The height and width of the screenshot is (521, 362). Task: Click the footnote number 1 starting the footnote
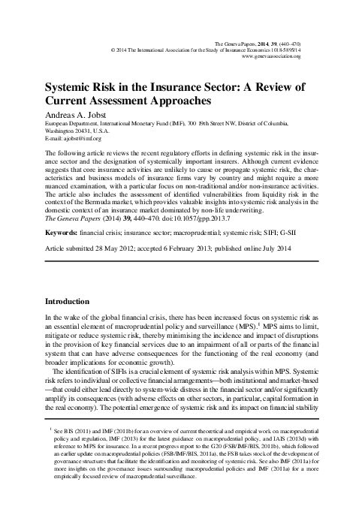pos(49,450)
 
